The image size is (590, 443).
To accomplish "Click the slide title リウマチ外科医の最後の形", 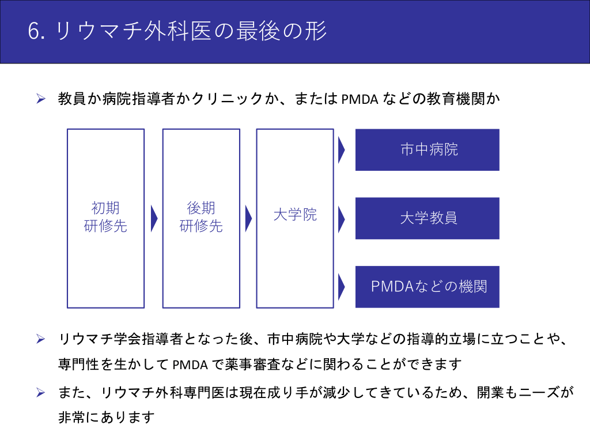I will pyautogui.click(x=191, y=32).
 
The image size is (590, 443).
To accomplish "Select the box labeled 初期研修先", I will pyautogui.click(x=105, y=218).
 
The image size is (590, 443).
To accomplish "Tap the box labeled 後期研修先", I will pyautogui.click(x=201, y=218).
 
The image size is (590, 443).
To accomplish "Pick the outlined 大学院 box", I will pyautogui.click(x=295, y=218).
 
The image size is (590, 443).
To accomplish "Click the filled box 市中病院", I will pyautogui.click(x=427, y=150).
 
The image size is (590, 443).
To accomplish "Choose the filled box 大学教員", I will pyautogui.click(x=427, y=219).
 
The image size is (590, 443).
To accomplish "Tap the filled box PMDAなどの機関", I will pyautogui.click(x=427, y=287).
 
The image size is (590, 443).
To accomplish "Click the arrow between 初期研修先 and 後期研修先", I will pyautogui.click(x=154, y=218).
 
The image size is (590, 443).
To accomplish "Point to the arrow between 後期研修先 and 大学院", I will pyautogui.click(x=248, y=218).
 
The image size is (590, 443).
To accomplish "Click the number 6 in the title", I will pyautogui.click(x=33, y=32).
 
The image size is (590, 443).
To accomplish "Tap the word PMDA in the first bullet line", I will pyautogui.click(x=360, y=99).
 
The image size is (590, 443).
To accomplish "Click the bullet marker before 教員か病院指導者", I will pyautogui.click(x=41, y=99).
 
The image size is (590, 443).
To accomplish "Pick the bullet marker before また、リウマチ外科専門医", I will pyautogui.click(x=41, y=393).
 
